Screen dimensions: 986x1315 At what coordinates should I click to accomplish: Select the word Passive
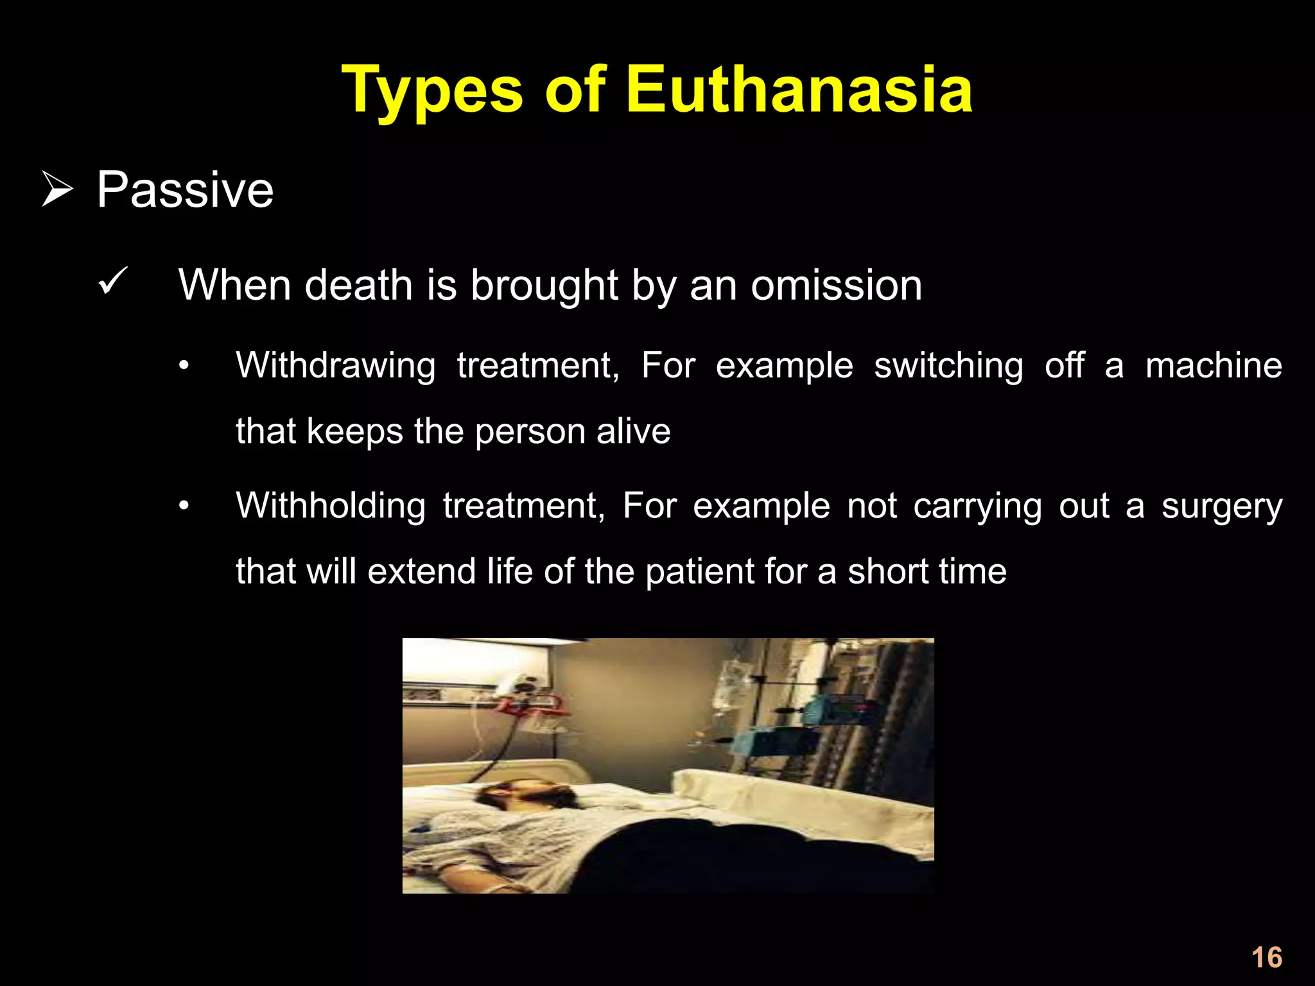coord(185,190)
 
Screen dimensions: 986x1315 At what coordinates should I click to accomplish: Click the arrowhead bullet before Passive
coord(57,189)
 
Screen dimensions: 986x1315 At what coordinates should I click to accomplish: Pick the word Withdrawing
coord(335,366)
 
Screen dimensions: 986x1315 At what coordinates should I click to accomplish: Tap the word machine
coord(1214,366)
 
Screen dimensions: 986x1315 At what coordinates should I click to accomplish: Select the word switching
coord(948,366)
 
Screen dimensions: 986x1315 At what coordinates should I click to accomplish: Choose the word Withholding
coord(331,506)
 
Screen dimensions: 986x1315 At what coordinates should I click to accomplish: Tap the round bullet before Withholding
coord(184,506)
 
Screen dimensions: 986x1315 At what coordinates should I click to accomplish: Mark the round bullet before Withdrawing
coord(184,367)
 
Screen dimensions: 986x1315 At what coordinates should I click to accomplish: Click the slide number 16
coord(1266,957)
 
